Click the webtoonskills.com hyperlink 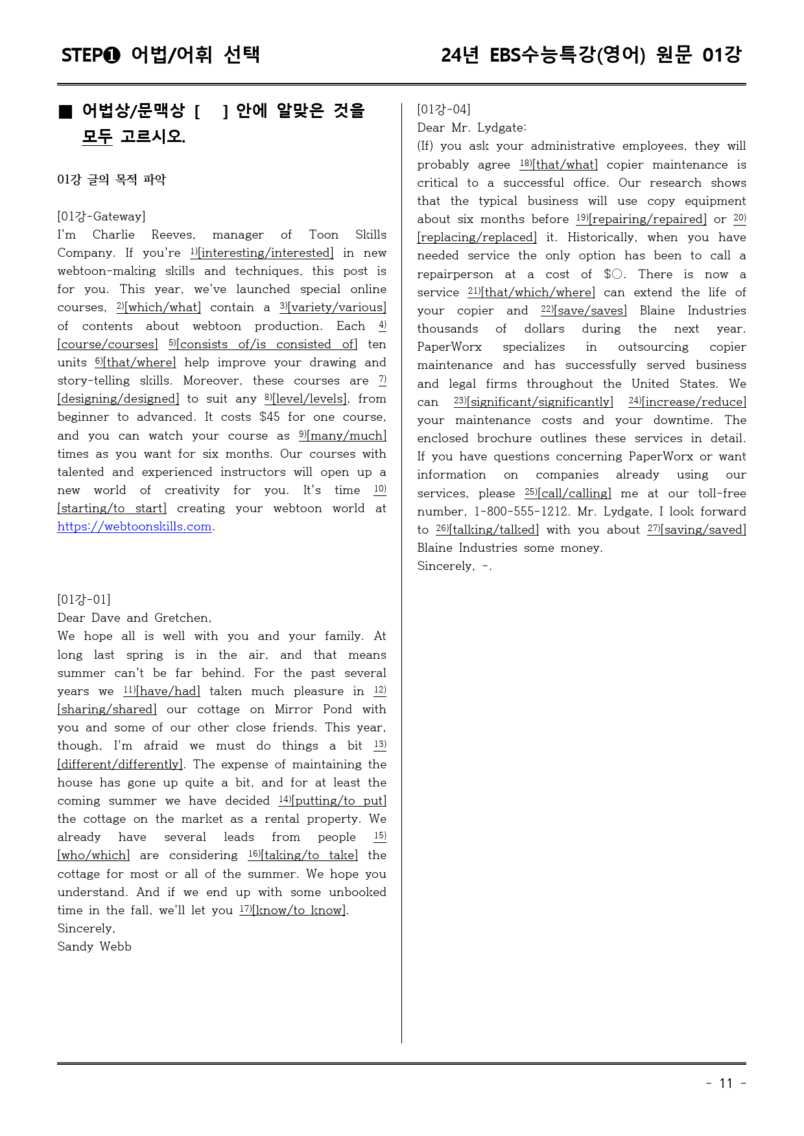click(x=134, y=527)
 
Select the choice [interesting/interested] click(x=266, y=253)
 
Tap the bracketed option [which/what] click(x=163, y=307)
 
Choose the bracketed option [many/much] click(x=347, y=436)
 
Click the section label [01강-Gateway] click(x=101, y=217)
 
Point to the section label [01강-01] click(x=84, y=600)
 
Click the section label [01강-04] click(x=443, y=110)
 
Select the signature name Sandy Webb click(x=94, y=947)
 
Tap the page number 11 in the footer click(x=726, y=1083)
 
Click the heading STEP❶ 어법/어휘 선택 click(x=160, y=55)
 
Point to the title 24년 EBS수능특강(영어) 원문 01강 click(x=591, y=55)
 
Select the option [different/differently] click(x=120, y=764)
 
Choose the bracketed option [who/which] click(x=93, y=855)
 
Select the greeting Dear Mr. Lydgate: click(x=471, y=128)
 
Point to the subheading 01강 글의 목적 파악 click(x=112, y=180)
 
